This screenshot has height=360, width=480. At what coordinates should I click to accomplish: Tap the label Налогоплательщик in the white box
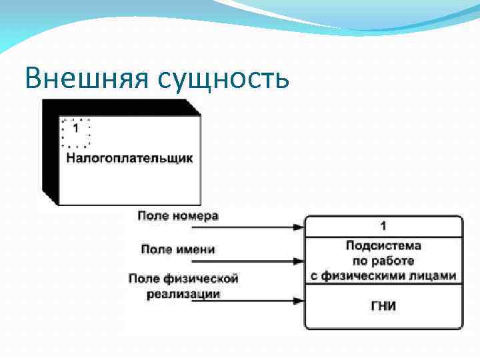[129, 159]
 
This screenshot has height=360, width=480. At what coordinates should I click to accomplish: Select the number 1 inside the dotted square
[75, 128]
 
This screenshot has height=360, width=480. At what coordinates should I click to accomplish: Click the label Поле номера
[178, 215]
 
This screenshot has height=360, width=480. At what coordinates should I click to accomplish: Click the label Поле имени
[178, 249]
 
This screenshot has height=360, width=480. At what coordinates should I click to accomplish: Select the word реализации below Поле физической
[183, 293]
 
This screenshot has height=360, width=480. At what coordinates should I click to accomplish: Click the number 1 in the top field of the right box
[383, 226]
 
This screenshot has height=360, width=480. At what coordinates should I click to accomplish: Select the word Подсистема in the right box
[383, 245]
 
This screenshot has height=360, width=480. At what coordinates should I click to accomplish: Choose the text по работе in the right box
[383, 260]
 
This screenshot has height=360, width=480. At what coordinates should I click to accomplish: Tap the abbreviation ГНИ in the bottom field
[383, 306]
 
